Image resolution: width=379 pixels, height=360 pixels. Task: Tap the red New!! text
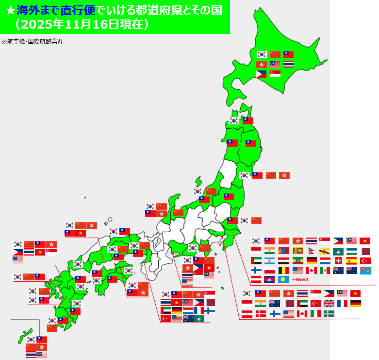300,279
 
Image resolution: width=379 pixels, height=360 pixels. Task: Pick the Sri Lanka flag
297,251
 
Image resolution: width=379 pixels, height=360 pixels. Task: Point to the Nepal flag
311,251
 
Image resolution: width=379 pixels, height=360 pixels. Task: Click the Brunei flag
325,251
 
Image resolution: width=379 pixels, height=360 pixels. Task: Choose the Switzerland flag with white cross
338,260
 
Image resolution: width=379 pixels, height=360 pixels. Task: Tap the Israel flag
270,260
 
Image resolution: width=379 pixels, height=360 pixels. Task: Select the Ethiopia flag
297,260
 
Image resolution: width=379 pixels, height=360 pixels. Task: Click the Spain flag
352,260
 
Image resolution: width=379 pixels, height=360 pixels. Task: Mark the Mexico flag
325,270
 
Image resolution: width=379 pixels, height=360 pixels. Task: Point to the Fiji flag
365,270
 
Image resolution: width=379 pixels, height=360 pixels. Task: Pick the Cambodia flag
270,279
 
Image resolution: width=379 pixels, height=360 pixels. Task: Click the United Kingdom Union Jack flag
329,304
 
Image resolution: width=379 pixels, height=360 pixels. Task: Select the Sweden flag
329,314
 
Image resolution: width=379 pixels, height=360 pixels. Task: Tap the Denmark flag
261,314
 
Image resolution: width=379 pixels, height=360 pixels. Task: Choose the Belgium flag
284,270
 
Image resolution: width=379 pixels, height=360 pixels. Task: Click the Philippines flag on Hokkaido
262,74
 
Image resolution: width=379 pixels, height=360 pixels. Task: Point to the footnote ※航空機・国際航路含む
32,42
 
